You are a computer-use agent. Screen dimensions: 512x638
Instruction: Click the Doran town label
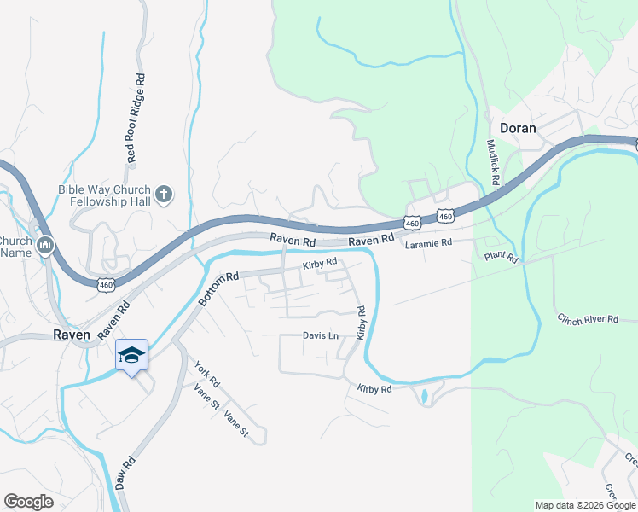point(518,128)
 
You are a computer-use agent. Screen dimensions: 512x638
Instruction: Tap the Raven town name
point(72,335)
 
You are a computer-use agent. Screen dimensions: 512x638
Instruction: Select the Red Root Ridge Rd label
point(135,118)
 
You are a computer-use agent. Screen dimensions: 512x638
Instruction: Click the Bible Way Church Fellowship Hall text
point(104,195)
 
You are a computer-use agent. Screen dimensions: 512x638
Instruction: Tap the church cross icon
point(165,195)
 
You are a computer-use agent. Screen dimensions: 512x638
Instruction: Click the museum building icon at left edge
point(45,246)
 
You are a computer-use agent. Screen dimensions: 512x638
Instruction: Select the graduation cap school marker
point(131,356)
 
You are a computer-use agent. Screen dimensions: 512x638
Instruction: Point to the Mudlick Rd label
point(492,163)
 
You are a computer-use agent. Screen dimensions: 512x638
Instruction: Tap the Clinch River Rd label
point(588,319)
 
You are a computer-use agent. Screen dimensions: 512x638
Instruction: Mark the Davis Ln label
point(321,335)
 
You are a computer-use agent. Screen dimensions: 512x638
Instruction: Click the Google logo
point(28,502)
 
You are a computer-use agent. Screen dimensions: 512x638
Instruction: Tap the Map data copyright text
point(584,505)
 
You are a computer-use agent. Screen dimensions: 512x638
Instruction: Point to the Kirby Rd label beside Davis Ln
point(361,323)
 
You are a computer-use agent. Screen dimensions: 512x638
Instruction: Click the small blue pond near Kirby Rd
point(424,397)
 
